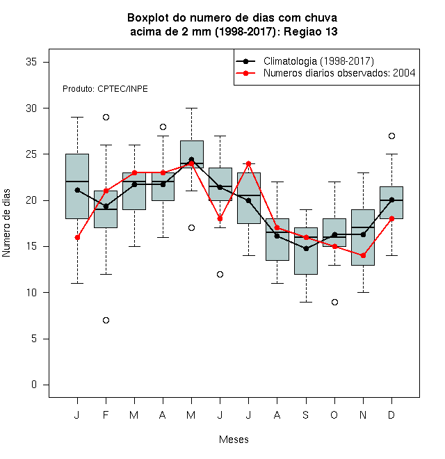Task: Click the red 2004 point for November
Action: pos(364,255)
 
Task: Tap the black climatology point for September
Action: pos(306,248)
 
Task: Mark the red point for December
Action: pos(391,218)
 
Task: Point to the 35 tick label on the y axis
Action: pos(31,62)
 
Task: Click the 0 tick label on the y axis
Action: pos(34,385)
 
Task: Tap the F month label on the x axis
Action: pos(106,414)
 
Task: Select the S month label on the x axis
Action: pos(306,414)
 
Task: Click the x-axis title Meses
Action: pos(234,440)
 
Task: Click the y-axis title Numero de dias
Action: pos(6,223)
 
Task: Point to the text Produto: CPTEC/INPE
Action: pos(105,89)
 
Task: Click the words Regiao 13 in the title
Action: pos(311,31)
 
